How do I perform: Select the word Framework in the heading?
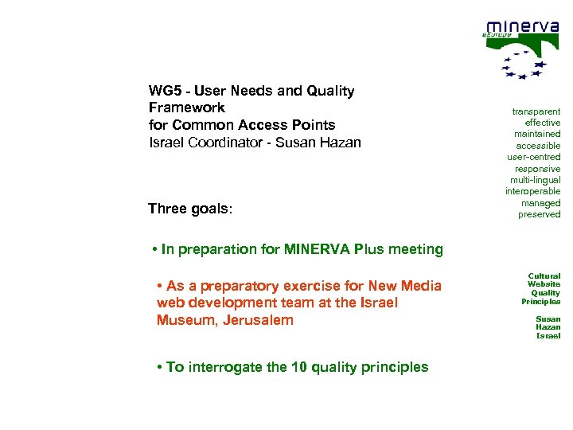pos(186,107)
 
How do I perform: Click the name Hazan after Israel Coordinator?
pos(340,143)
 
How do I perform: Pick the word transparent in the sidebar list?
pos(536,111)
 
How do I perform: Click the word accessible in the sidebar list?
pos(538,146)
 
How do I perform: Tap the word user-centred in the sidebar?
pos(533,157)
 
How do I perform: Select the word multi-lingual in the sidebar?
pos(534,180)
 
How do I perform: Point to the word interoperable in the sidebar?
pos(532,191)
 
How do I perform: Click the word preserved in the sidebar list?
pos(539,214)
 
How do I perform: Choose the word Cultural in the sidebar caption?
pos(544,276)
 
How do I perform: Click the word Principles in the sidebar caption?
pos(540,302)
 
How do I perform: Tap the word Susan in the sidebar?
pos(548,319)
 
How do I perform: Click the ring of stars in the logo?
pos(524,64)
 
